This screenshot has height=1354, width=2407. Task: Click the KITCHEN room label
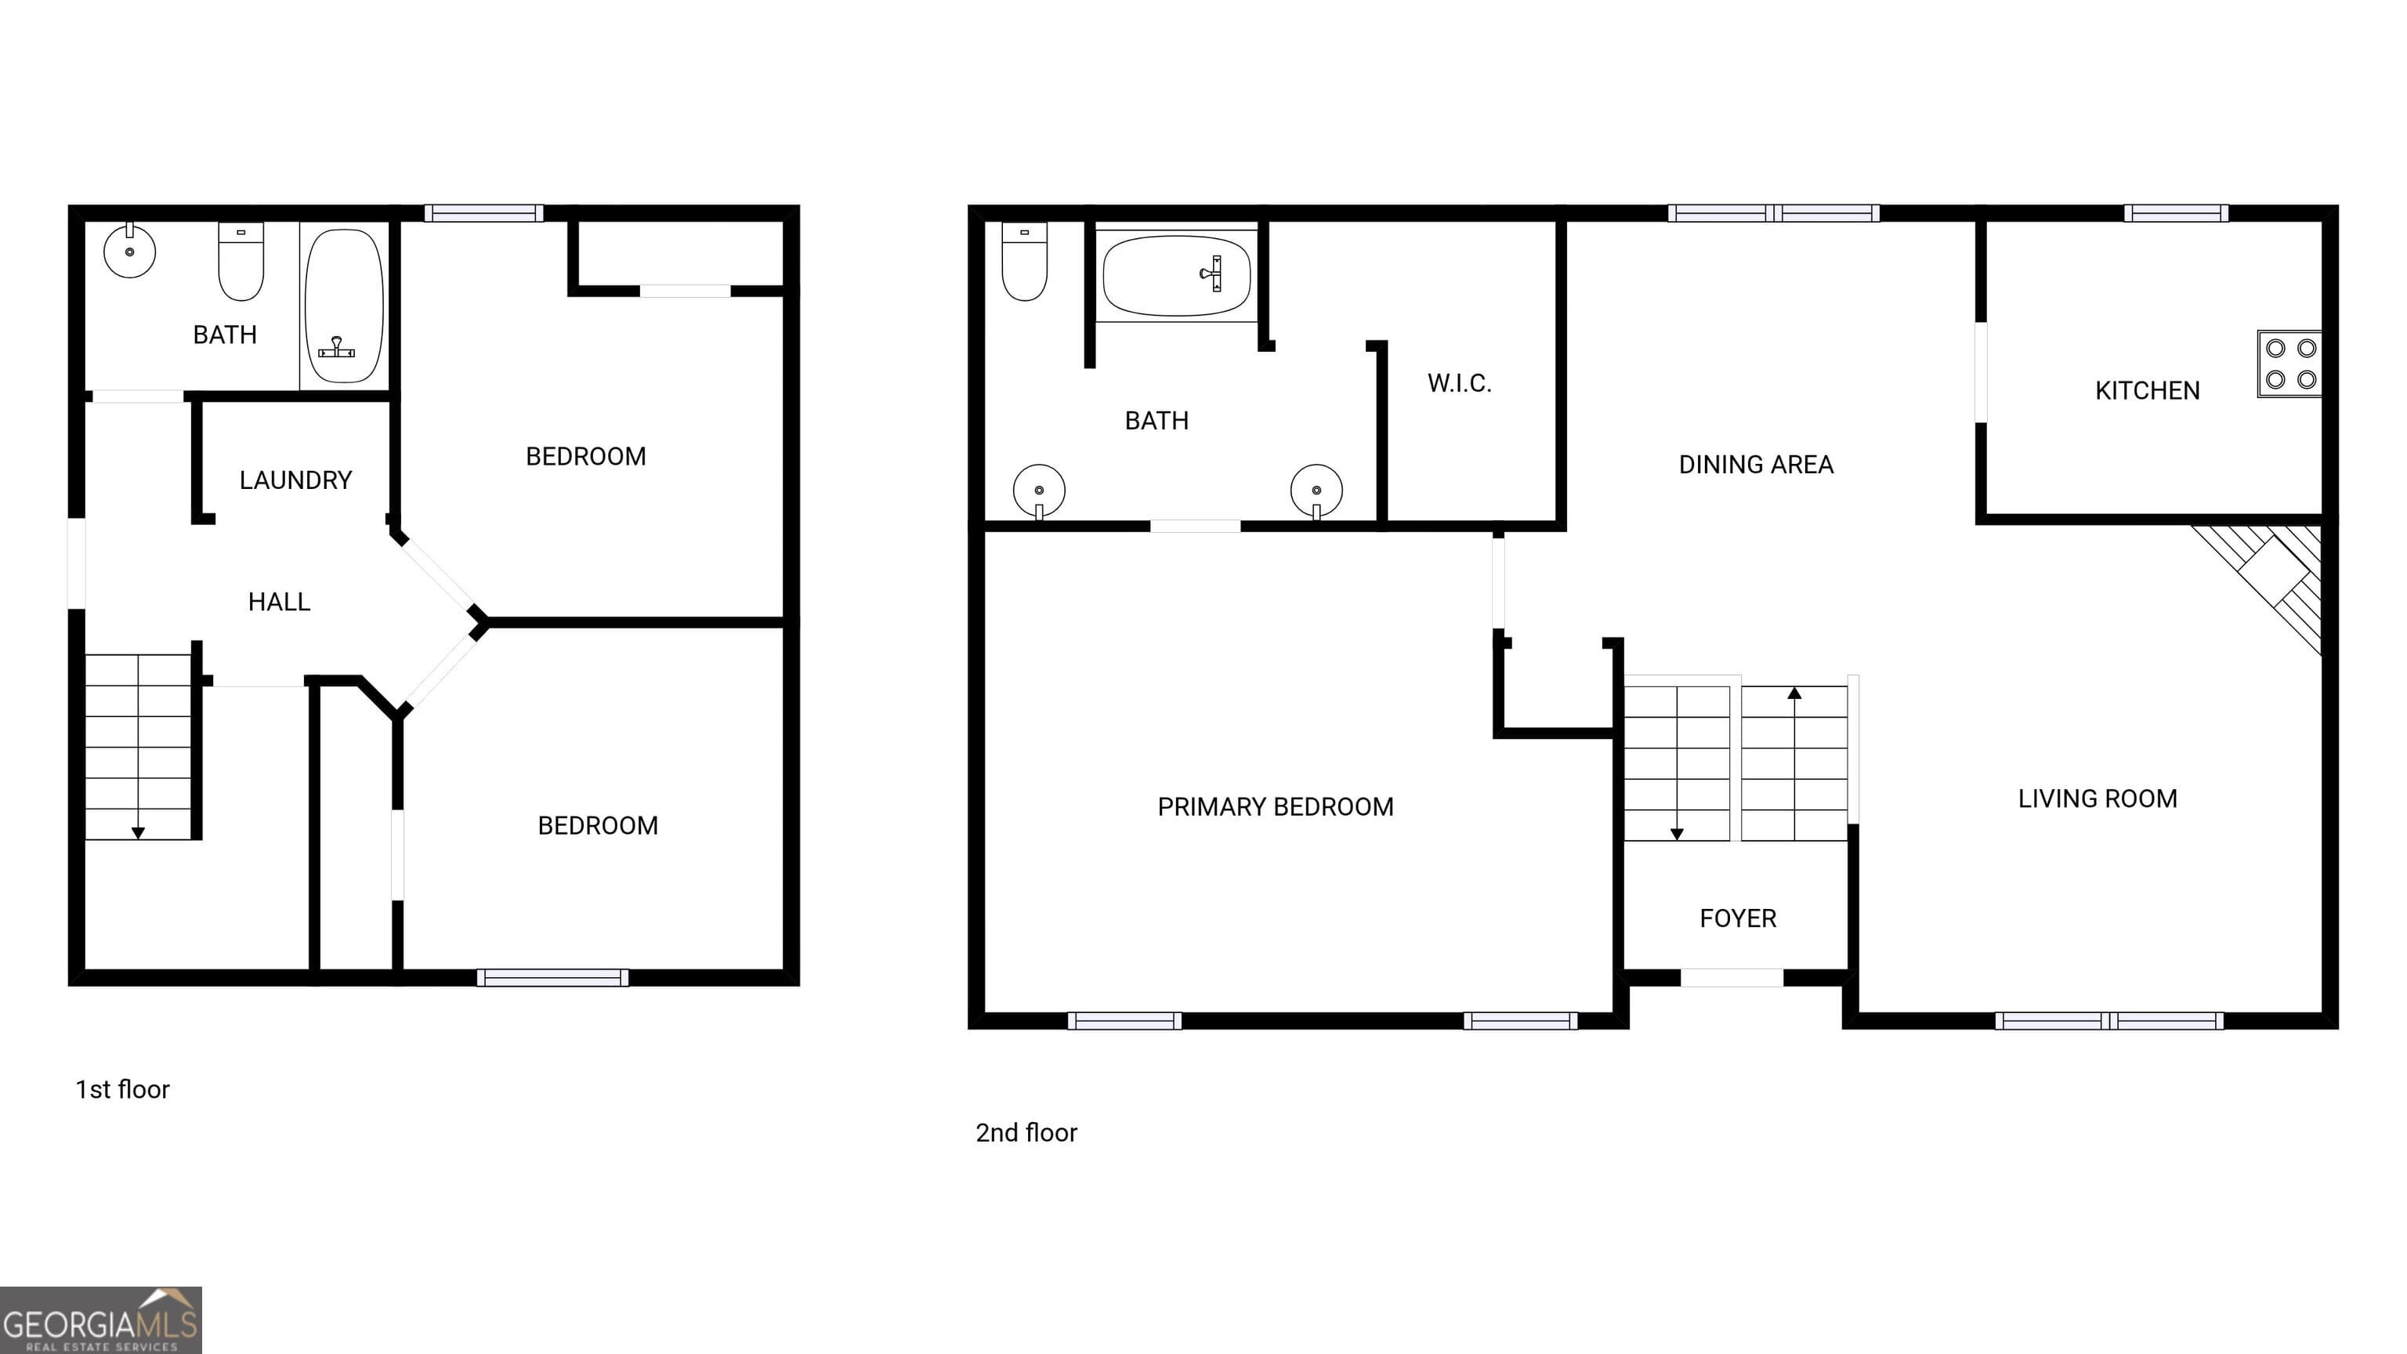pos(2146,390)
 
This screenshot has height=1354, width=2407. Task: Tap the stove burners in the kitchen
pos(2290,364)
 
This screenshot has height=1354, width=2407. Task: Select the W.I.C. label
pos(1459,383)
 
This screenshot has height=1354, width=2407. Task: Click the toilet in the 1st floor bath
pos(241,261)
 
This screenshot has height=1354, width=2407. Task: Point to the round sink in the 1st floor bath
pos(129,252)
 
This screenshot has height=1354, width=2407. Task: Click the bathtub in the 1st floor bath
pos(344,306)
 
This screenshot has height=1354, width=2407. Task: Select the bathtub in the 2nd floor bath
pos(1176,276)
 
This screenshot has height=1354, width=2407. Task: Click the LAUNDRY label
pos(295,480)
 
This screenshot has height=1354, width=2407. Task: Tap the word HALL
pos(278,602)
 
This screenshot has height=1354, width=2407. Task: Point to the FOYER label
pos(1737,918)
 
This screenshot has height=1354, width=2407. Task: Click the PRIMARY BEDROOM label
pos(1275,806)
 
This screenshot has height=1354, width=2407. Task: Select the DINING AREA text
pos(1755,465)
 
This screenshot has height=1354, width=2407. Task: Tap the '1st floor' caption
pos(122,1090)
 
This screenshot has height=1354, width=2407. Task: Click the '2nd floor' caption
pos(1026,1132)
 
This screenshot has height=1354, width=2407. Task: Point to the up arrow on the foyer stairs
pos(1794,694)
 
